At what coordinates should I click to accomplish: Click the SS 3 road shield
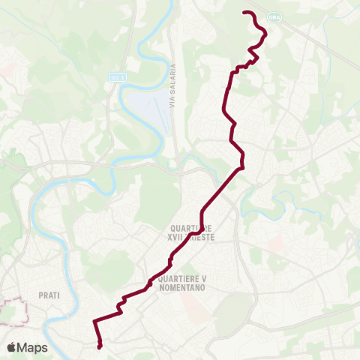pyautogui.click(x=115, y=76)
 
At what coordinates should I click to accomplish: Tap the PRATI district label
pyautogui.click(x=46, y=295)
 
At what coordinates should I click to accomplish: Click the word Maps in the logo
pyautogui.click(x=33, y=347)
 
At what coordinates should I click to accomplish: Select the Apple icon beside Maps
pyautogui.click(x=12, y=346)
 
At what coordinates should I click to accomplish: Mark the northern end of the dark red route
pyautogui.click(x=244, y=12)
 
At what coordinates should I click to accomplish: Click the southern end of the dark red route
pyautogui.click(x=100, y=346)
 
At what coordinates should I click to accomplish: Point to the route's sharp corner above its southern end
pyautogui.click(x=94, y=322)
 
